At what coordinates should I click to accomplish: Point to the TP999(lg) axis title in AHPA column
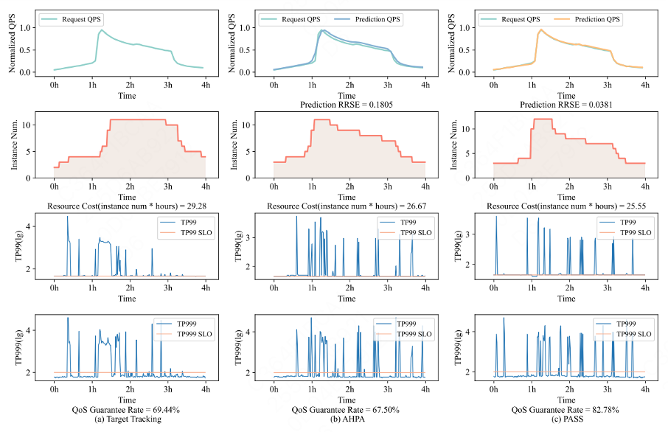click(x=234, y=348)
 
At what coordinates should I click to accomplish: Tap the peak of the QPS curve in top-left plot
click(x=101, y=30)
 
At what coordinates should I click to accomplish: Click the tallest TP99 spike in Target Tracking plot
click(x=67, y=217)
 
